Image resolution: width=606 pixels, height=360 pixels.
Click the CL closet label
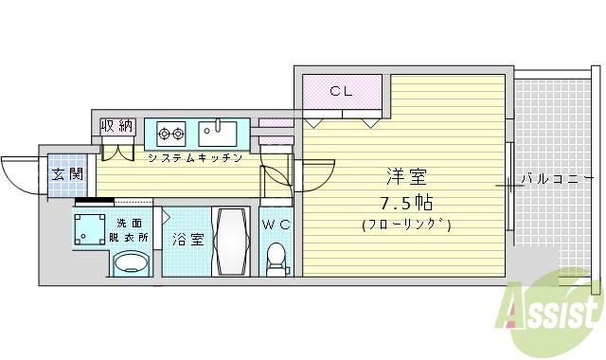pos(341,91)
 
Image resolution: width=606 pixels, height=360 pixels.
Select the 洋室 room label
pos(406,177)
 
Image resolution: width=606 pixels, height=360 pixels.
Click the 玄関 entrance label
pos(66,173)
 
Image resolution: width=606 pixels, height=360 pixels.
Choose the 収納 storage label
pos(117,126)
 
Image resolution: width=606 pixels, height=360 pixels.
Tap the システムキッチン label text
pos(194,157)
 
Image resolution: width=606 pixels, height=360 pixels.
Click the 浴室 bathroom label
pos(187,239)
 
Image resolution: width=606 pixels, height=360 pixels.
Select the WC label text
pos(276,225)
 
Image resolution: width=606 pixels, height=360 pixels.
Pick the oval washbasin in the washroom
pos(131,264)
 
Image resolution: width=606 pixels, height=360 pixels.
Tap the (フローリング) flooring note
pos(405,225)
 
